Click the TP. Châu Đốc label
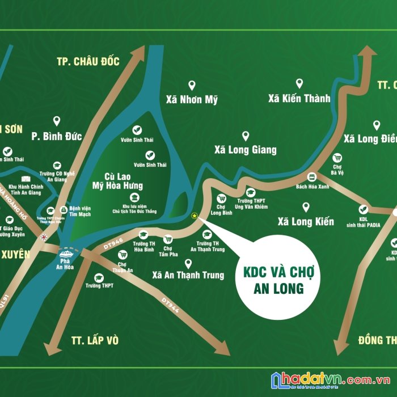tap(88, 61)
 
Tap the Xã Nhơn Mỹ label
tap(192, 99)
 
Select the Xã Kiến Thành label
tap(299, 99)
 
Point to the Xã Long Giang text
tap(245, 150)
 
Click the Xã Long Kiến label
tap(306, 221)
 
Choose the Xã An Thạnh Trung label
tap(188, 275)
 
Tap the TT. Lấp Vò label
tap(95, 340)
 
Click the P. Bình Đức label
tap(57, 136)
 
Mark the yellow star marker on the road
tap(194, 216)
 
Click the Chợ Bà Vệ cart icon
tap(337, 158)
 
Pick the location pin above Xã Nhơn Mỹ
tap(192, 86)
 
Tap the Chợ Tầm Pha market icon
tap(168, 239)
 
